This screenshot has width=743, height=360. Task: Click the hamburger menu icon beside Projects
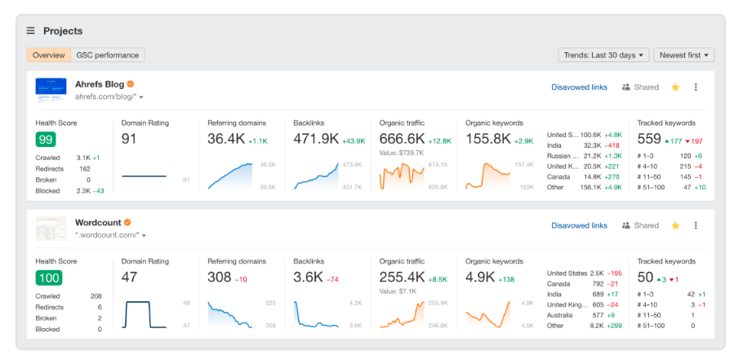pyautogui.click(x=31, y=31)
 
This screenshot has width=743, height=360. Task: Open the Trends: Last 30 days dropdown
pyautogui.click(x=603, y=56)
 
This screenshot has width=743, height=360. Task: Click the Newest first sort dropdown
pyautogui.click(x=683, y=56)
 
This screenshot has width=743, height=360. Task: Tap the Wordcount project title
pyautogui.click(x=97, y=223)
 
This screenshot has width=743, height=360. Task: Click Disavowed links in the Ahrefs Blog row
pyautogui.click(x=579, y=87)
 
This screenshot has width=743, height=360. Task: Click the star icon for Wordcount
pyautogui.click(x=675, y=226)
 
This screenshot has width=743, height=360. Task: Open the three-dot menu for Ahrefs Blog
pyautogui.click(x=696, y=87)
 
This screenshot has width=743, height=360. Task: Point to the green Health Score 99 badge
pyautogui.click(x=46, y=140)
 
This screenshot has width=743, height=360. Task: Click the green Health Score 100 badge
pyautogui.click(x=48, y=278)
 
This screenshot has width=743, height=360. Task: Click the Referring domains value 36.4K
pyautogui.click(x=225, y=139)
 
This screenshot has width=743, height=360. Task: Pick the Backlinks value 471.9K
pyautogui.click(x=316, y=139)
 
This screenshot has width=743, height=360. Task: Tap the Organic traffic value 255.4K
pyautogui.click(x=403, y=278)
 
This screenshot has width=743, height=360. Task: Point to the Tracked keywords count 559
pyautogui.click(x=649, y=139)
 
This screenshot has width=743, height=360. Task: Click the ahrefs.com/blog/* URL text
pyautogui.click(x=105, y=96)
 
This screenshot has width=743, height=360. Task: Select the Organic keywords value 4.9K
pyautogui.click(x=481, y=278)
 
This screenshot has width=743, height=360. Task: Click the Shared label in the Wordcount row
pyautogui.click(x=646, y=226)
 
